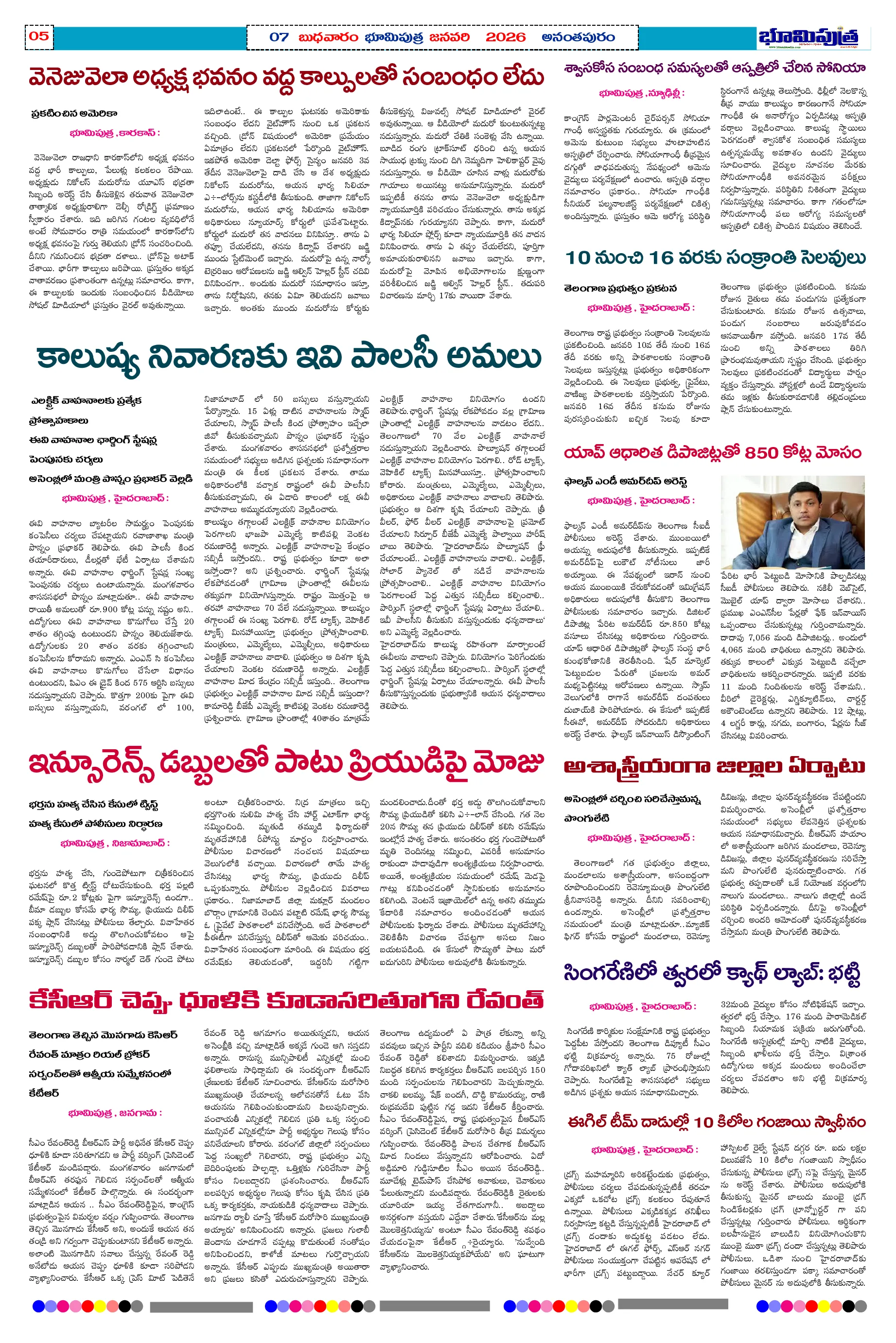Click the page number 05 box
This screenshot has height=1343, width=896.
click(39, 36)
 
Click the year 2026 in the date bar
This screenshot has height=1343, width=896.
click(505, 38)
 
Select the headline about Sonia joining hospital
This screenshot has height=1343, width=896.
click(714, 68)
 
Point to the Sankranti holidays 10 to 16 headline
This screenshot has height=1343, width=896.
click(714, 258)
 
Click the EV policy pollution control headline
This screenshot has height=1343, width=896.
click(289, 358)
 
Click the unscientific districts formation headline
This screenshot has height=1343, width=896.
click(714, 766)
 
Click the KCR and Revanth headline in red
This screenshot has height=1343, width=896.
click(286, 1000)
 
